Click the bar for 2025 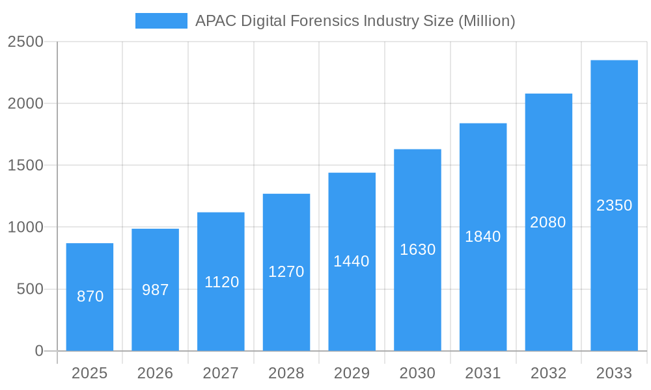coord(90,297)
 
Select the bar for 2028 coord(286,272)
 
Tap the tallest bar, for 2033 coord(614,205)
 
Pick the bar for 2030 coord(417,250)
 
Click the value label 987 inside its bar coord(156,290)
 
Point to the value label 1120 coord(221,282)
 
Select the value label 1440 coord(352,261)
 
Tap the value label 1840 coord(483,237)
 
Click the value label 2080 coord(548,222)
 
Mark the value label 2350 coord(614,205)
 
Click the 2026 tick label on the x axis coord(156,373)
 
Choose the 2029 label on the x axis coord(352,373)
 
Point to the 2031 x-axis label coord(483,373)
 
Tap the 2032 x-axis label coord(548,373)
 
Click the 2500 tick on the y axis coord(25,42)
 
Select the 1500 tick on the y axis coord(25,165)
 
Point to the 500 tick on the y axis coord(30,289)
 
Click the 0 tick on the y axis coord(38,351)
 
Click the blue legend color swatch coord(161,21)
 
